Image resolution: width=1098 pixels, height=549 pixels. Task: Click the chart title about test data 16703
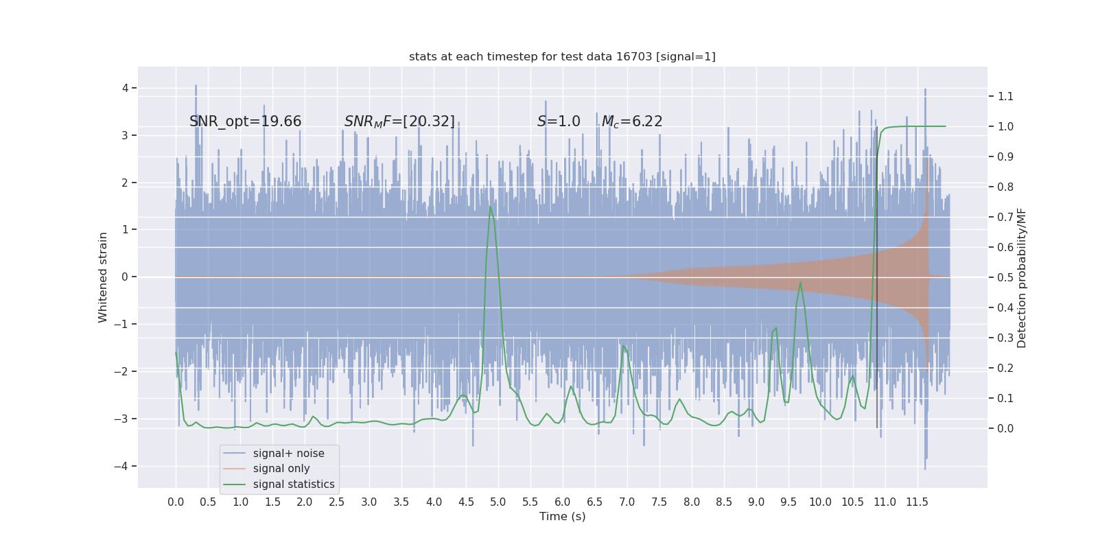pos(562,57)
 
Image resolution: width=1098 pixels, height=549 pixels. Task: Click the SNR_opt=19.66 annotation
pos(245,121)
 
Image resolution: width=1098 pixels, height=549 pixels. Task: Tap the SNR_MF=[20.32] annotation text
pos(399,121)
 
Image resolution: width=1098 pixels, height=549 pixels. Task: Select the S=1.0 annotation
pos(559,121)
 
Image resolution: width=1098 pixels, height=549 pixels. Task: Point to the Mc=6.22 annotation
pos(632,121)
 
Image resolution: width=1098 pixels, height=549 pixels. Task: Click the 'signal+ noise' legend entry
pos(288,454)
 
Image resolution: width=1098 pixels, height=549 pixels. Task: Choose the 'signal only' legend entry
pos(281,469)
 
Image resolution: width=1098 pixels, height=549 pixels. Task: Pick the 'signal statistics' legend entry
pos(294,484)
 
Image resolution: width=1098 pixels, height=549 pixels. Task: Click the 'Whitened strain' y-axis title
pos(103,277)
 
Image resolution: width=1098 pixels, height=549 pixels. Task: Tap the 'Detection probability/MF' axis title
pos(1022,277)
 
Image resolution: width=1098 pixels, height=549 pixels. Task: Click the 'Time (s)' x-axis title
pos(562,517)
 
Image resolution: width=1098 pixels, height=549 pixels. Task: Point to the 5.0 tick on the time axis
pos(498,502)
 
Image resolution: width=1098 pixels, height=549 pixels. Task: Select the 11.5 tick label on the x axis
pos(917,502)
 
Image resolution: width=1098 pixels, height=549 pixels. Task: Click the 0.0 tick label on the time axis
pos(176,502)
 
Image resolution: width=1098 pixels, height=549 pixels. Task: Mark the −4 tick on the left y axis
pos(124,467)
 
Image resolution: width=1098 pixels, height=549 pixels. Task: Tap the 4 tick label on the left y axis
pos(126,88)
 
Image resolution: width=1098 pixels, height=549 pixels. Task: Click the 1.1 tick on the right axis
pos(1005,96)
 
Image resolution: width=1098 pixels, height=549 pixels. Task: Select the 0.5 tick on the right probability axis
pos(1005,277)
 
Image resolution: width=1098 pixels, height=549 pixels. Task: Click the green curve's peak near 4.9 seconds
pos(490,207)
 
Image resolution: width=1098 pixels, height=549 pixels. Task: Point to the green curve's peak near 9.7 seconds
pos(800,282)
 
